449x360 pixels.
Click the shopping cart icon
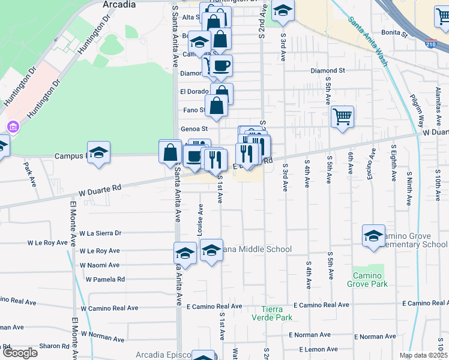(342, 117)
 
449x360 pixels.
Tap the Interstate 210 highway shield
(430, 44)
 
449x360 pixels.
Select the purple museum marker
(12, 127)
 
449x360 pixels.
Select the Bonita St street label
(394, 34)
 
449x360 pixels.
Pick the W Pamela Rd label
(105, 279)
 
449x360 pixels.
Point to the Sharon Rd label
(55, 346)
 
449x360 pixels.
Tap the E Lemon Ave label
(309, 349)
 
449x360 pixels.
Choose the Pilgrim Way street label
(413, 104)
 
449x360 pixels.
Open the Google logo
(19, 353)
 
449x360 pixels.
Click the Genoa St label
(194, 128)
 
